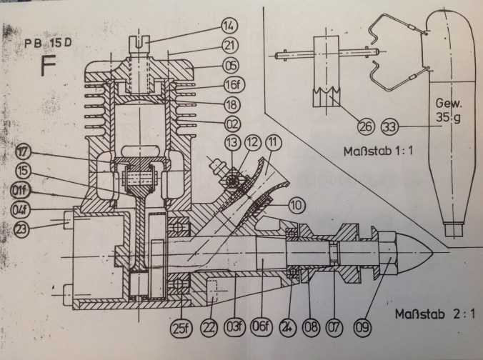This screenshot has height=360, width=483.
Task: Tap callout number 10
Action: coord(297,206)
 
